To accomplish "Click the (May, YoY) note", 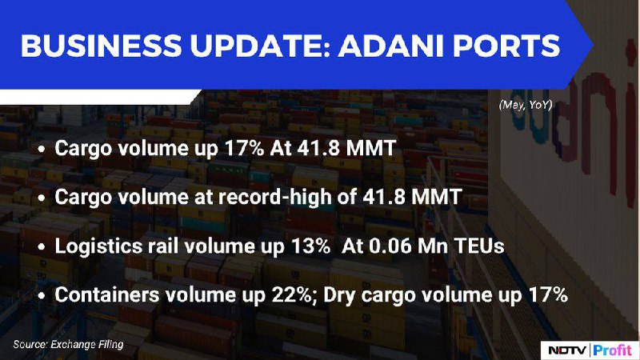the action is pyautogui.click(x=526, y=105).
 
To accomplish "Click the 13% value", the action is pyautogui.click(x=310, y=246).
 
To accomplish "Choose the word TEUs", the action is pyautogui.click(x=479, y=246).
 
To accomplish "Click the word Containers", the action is pyautogui.click(x=107, y=294).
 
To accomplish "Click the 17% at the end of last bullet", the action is pyautogui.click(x=548, y=294).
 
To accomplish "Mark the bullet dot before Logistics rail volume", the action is pyautogui.click(x=42, y=247).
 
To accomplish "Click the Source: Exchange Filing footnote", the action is pyautogui.click(x=68, y=345).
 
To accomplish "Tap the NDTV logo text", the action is pyautogui.click(x=567, y=350).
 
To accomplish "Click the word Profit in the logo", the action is pyautogui.click(x=612, y=350).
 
